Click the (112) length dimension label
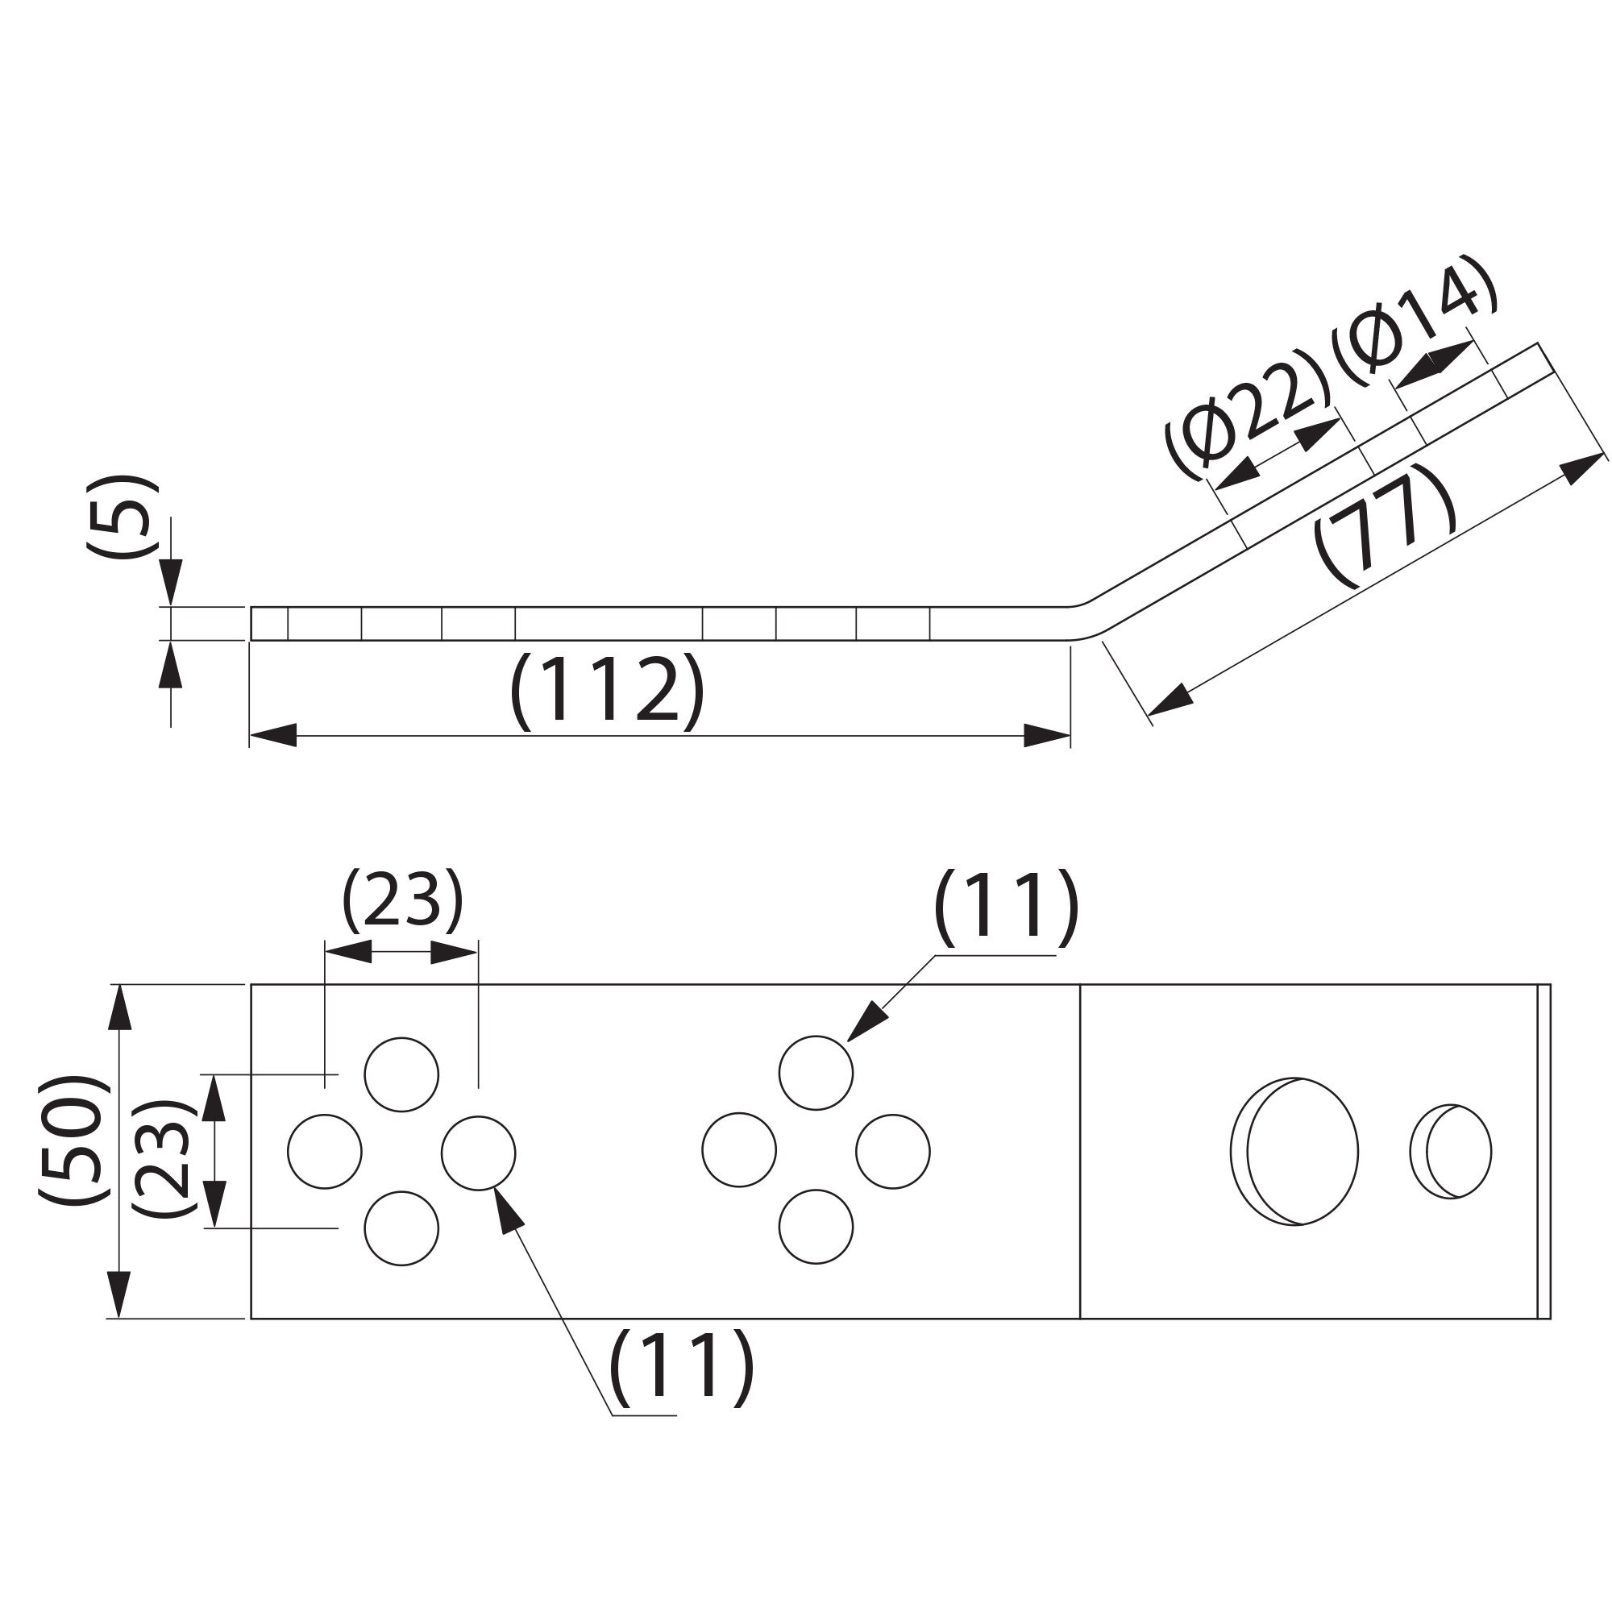[x=608, y=692]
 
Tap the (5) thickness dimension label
[x=122, y=517]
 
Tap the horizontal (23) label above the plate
[x=402, y=902]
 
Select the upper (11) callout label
[x=1006, y=908]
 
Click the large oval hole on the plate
[x=1294, y=1152]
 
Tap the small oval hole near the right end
[x=1451, y=1152]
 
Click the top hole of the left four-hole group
[x=401, y=1074]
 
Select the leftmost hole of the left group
[x=325, y=1152]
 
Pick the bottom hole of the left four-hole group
[x=401, y=1228]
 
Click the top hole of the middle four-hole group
[x=816, y=1073]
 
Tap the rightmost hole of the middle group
[x=893, y=1152]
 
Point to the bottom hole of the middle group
[x=816, y=1227]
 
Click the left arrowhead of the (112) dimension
[x=274, y=735]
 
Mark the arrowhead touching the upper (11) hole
[x=868, y=1020]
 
